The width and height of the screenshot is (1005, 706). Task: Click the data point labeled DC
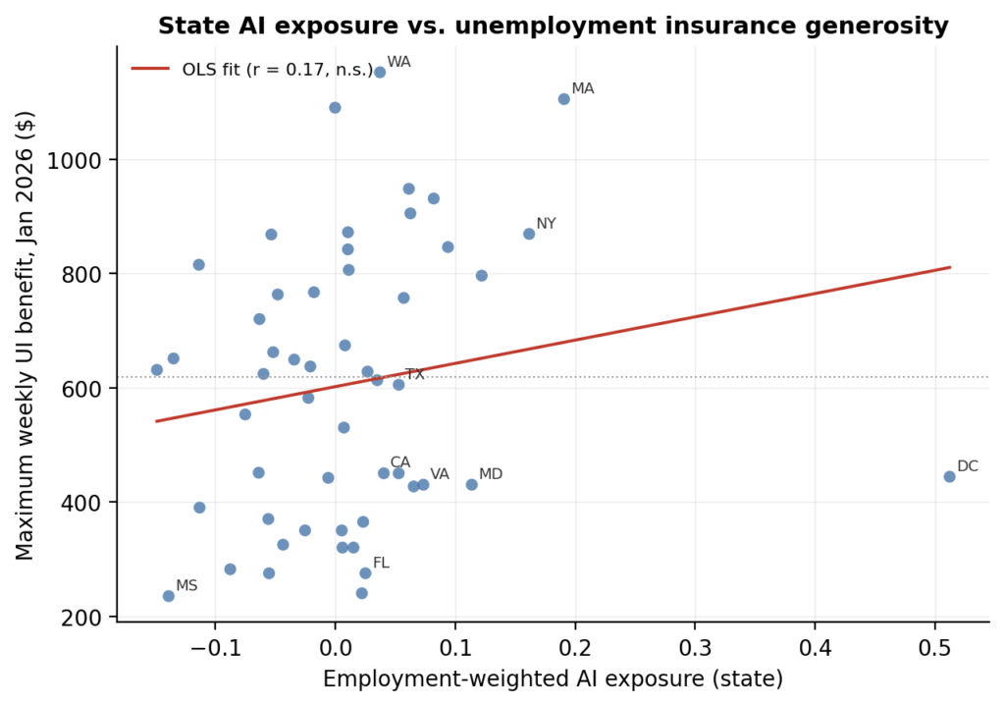point(949,476)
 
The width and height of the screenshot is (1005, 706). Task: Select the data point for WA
point(380,72)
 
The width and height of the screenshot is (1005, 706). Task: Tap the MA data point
point(564,99)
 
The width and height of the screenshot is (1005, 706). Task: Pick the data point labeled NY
point(529,234)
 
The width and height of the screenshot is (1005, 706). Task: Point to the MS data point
point(169,596)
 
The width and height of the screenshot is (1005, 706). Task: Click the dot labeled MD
point(472,485)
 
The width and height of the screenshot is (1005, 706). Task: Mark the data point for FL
point(365,572)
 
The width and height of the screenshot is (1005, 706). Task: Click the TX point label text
point(415,374)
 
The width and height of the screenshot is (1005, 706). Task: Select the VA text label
point(440,474)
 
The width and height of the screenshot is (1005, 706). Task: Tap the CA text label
point(400,462)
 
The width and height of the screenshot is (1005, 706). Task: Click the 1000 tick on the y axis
point(75,160)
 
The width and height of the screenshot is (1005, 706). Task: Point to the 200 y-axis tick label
point(81,617)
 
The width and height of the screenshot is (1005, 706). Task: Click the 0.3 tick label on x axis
point(695,648)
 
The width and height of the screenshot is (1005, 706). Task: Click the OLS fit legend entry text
point(278,70)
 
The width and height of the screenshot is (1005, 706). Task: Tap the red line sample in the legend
point(150,69)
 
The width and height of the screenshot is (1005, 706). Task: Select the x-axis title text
point(554,679)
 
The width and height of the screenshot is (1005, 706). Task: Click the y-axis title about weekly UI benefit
point(25,335)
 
